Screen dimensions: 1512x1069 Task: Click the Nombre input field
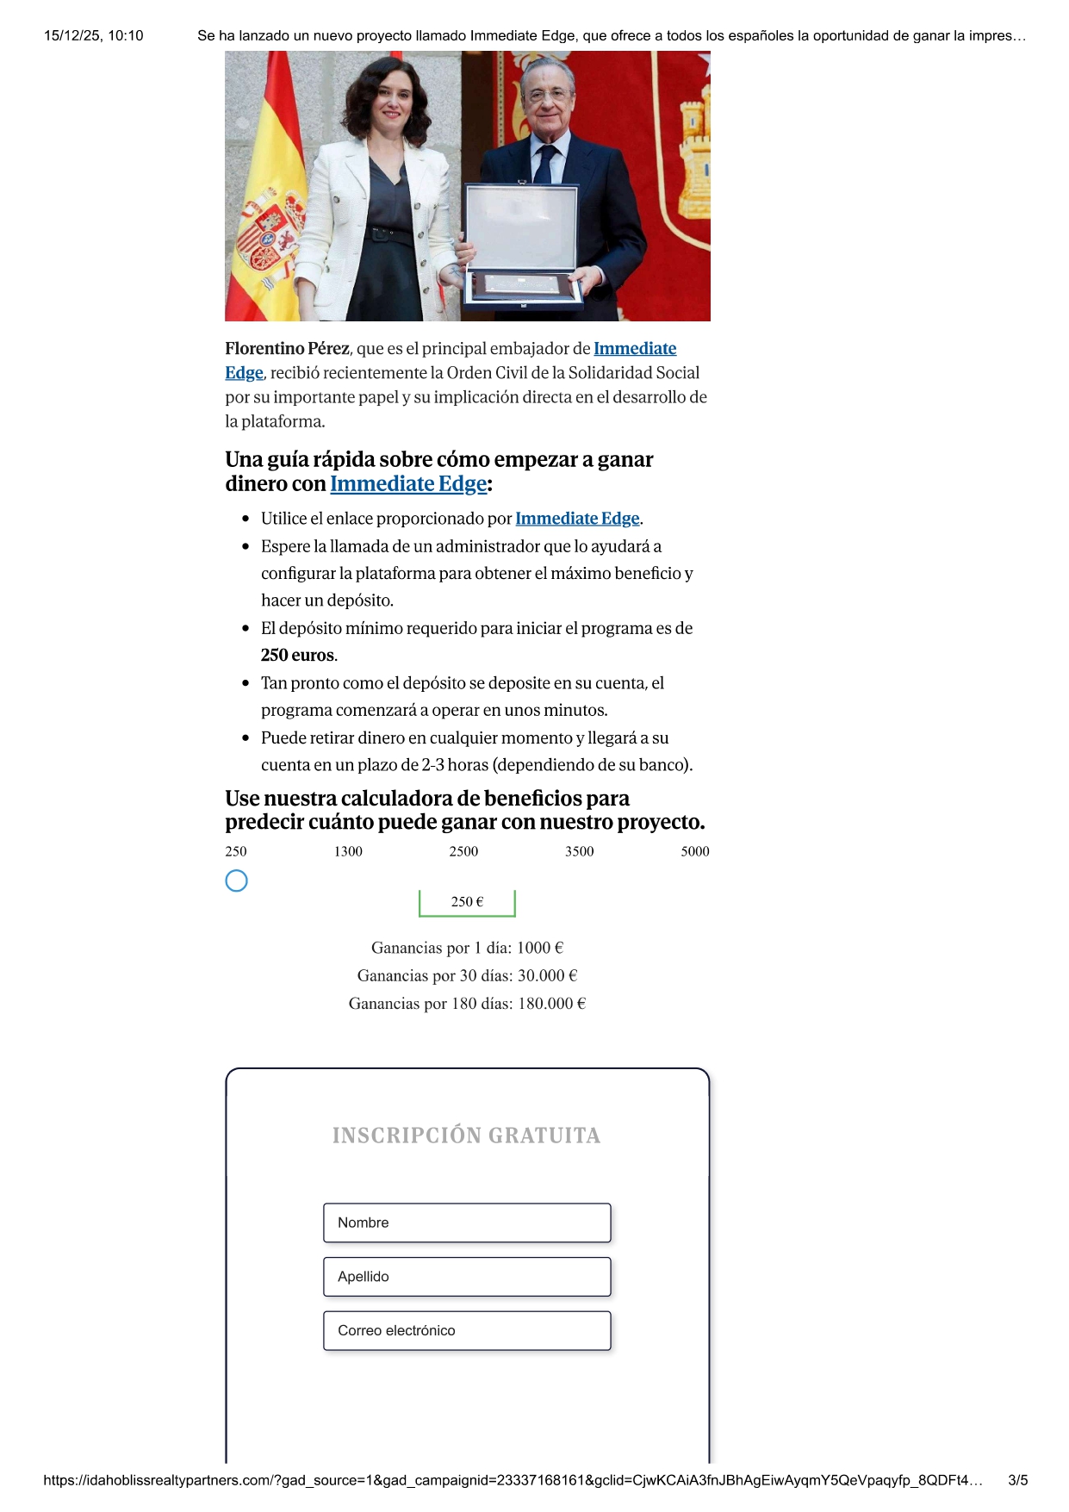(x=467, y=1223)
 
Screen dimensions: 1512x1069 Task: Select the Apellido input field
(x=467, y=1277)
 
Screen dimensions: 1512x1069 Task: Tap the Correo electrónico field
(x=467, y=1330)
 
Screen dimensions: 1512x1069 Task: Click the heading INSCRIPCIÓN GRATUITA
(x=466, y=1136)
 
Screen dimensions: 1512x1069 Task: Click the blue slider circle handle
(x=236, y=880)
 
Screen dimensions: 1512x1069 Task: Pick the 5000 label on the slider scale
(x=694, y=851)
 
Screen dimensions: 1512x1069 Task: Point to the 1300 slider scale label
(x=348, y=851)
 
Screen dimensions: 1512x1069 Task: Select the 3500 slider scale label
(x=579, y=851)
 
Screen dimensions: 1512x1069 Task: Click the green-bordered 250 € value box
(x=467, y=902)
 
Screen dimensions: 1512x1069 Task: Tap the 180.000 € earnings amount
(x=551, y=1003)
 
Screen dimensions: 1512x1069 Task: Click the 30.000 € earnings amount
(x=547, y=975)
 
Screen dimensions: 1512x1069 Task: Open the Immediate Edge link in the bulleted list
(x=577, y=519)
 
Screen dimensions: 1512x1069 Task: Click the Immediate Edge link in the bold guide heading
(x=408, y=484)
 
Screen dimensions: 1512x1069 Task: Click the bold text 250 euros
(x=298, y=655)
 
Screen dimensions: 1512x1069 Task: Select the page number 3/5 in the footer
(x=1017, y=1480)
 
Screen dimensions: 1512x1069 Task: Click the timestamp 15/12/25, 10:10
(x=93, y=35)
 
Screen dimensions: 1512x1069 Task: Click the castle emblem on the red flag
(x=694, y=159)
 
